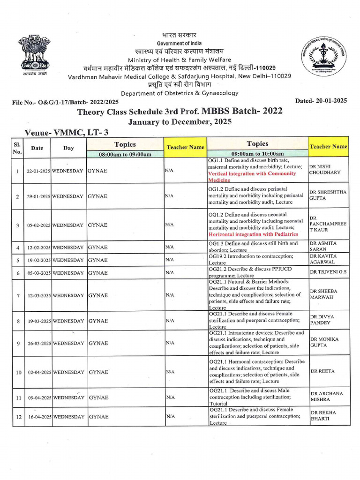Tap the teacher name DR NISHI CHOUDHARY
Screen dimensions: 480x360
tap(324, 169)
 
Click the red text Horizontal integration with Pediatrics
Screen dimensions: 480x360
tap(253, 234)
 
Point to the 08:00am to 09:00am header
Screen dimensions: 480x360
tap(125, 154)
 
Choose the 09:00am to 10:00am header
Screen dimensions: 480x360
tap(257, 154)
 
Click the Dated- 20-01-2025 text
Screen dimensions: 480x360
tap(321, 100)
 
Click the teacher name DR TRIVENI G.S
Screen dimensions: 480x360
tap(328, 272)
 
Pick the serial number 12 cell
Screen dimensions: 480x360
tap(17, 416)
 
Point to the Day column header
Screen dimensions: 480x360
tap(68, 148)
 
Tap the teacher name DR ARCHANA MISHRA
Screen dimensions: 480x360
tap(326, 397)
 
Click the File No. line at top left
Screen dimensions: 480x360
tap(65, 102)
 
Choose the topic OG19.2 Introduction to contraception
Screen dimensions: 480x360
tap(257, 256)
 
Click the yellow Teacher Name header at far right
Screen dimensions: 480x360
tap(328, 146)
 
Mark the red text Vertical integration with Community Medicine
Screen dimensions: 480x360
tap(252, 177)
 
